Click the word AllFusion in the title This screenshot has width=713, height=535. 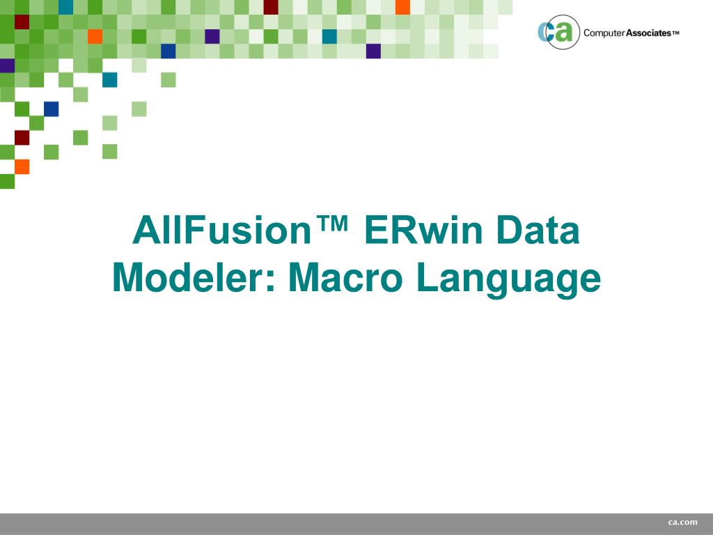tap(221, 231)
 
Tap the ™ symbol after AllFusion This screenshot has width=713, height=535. tap(332, 224)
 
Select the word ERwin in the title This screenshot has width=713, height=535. tap(428, 231)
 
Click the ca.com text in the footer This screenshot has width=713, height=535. tap(682, 522)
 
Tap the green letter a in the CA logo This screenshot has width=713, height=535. tap(563, 33)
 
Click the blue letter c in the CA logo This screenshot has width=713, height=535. tap(546, 33)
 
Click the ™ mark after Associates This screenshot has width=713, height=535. tap(675, 33)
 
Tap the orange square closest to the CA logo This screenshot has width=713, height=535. tap(402, 7)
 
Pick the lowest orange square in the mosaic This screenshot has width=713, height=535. tap(22, 166)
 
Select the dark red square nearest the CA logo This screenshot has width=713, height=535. tap(271, 7)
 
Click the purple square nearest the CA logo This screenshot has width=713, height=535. tap(373, 51)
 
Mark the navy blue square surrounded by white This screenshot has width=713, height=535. tap(51, 109)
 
